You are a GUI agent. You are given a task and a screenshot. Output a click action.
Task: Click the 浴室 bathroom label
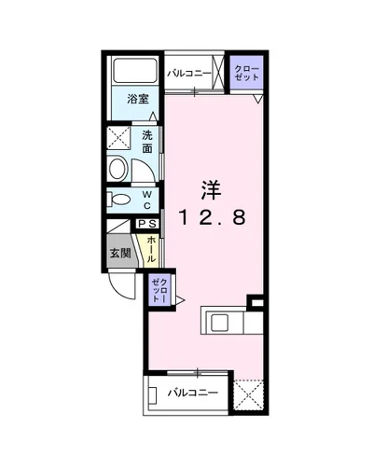(x=138, y=99)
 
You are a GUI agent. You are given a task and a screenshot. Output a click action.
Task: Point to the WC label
(x=147, y=199)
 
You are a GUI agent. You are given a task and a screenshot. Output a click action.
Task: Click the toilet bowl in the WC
(x=119, y=199)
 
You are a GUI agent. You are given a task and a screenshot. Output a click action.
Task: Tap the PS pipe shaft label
(x=147, y=224)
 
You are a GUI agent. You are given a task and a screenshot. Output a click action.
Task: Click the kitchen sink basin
(x=220, y=323)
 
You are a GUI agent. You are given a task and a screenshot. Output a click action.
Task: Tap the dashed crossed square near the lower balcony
(x=249, y=397)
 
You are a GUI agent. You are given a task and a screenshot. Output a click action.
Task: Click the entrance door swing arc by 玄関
(x=122, y=285)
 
